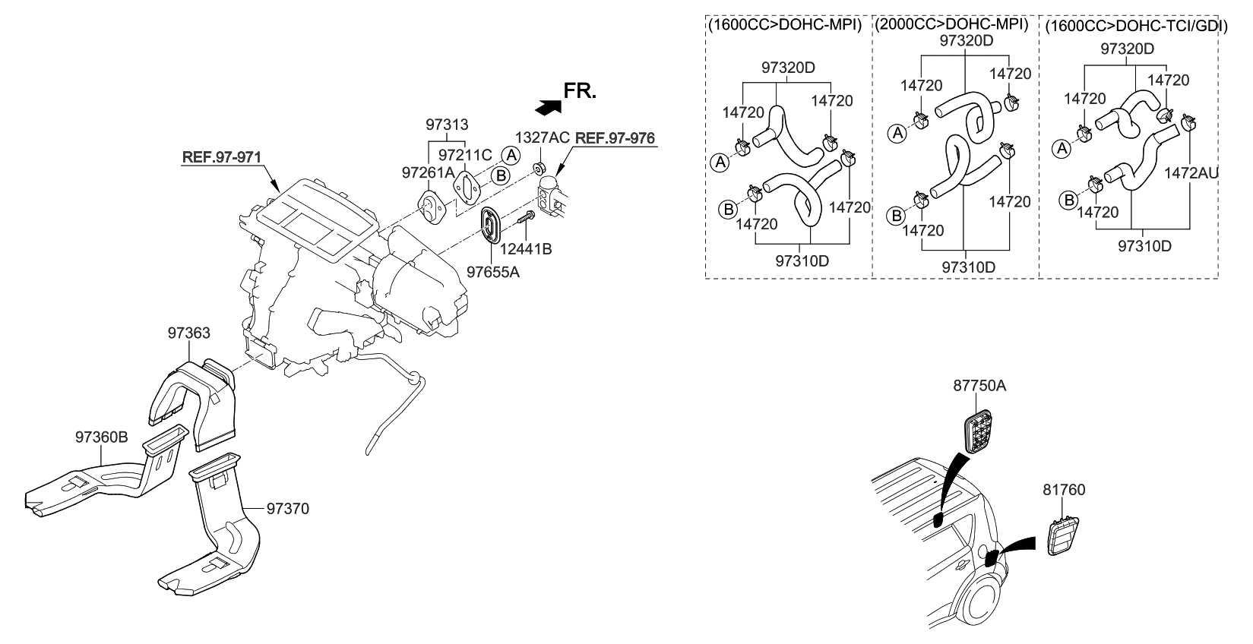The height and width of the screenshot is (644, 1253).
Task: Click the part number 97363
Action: point(188,333)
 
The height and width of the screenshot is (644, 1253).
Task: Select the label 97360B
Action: point(101,437)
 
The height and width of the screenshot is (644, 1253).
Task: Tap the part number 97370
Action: point(287,508)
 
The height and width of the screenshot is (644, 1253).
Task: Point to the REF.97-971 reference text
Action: point(221,157)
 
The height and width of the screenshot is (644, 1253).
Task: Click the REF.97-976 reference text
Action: point(614,138)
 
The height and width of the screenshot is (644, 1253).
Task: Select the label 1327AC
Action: point(542,137)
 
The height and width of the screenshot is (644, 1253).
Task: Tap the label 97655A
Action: point(493,270)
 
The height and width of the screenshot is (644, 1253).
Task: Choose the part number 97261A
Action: point(428,173)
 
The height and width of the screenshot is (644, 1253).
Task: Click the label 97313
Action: point(447,124)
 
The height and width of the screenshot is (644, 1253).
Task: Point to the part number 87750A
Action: point(979,386)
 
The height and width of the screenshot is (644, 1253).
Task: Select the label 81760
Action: point(1064,490)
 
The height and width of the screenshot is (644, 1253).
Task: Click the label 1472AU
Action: point(1191,173)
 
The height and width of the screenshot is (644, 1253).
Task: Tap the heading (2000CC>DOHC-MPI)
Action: point(951,24)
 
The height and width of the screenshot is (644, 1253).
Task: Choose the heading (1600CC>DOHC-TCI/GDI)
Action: point(1131,25)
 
